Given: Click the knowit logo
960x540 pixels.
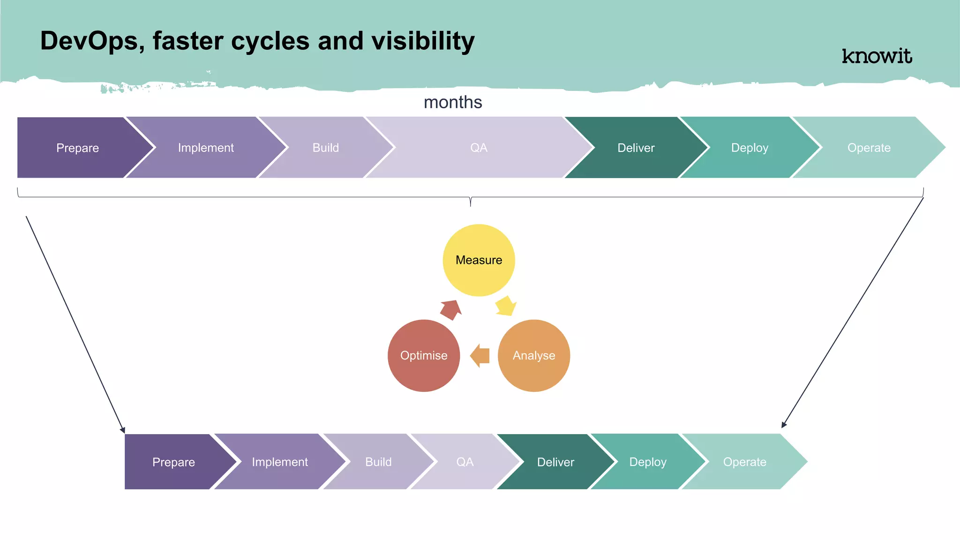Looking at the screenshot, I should (877, 56).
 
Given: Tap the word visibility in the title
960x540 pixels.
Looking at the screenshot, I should (423, 41).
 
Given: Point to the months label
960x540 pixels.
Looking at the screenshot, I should (453, 102).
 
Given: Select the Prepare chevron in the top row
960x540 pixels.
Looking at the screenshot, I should (78, 148).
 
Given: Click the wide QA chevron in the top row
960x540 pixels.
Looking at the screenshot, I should (479, 148).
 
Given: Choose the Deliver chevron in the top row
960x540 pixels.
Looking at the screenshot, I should (636, 148).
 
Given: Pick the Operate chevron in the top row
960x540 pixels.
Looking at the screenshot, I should (869, 148).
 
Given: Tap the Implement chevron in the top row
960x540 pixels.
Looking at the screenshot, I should (206, 148).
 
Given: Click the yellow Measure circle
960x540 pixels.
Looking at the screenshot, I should (479, 260).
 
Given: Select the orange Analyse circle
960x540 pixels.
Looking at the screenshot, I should (533, 355).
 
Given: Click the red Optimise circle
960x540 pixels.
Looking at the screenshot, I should (424, 355).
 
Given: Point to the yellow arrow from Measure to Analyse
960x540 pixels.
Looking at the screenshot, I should (506, 306).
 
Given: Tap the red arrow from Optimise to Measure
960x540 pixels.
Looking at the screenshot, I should (451, 309).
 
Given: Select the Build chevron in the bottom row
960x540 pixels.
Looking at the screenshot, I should (378, 462).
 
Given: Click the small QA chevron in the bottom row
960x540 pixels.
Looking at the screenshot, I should (465, 462).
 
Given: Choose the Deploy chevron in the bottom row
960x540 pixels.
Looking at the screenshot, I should (648, 462).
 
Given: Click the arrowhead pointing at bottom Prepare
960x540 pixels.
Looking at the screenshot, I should (123, 430).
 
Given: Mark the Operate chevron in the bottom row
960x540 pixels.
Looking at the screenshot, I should (744, 462).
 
